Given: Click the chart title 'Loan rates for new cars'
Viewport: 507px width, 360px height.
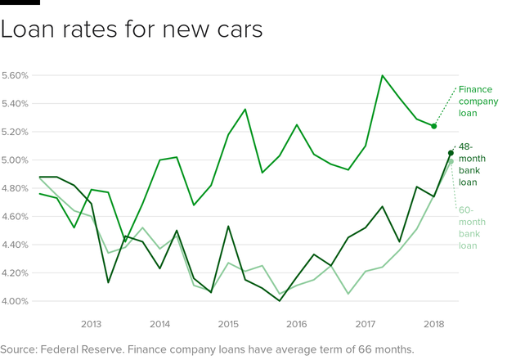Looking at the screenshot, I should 132,30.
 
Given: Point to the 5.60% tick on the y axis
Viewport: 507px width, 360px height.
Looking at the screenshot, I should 16,75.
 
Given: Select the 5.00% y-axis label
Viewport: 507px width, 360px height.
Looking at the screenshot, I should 16,160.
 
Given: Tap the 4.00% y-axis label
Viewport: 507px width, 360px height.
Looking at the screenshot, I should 16,301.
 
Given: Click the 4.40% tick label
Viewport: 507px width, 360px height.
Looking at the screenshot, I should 16,245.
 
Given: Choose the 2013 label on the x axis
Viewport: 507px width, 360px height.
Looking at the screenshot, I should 91,323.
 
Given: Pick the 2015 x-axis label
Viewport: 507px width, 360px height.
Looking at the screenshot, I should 228,323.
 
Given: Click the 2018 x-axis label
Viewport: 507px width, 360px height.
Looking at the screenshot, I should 434,323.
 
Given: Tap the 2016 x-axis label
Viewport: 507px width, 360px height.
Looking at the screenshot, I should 297,323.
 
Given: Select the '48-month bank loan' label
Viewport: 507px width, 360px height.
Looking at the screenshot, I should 472,164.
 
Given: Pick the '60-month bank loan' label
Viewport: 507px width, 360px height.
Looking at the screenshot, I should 472,227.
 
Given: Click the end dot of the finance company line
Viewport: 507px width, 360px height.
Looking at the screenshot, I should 434,126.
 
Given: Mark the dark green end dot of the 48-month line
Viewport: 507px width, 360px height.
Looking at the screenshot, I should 451,153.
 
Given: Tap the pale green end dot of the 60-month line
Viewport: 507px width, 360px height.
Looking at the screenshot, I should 451,162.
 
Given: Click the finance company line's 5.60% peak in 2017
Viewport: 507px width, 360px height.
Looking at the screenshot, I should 383,75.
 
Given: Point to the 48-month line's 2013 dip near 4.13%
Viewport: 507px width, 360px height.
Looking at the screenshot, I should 108,283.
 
